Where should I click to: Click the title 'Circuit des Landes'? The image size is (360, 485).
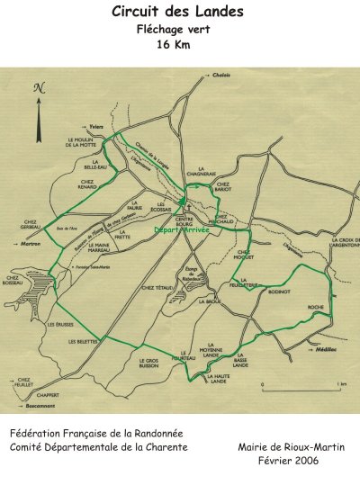click(x=180, y=12)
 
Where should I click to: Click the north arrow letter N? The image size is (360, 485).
click(x=38, y=88)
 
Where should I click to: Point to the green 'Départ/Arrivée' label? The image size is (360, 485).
click(x=182, y=230)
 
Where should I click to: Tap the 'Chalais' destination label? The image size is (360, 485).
click(x=223, y=75)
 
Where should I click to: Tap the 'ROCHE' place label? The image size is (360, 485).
click(x=315, y=307)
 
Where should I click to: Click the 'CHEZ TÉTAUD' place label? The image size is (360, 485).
click(x=157, y=288)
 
